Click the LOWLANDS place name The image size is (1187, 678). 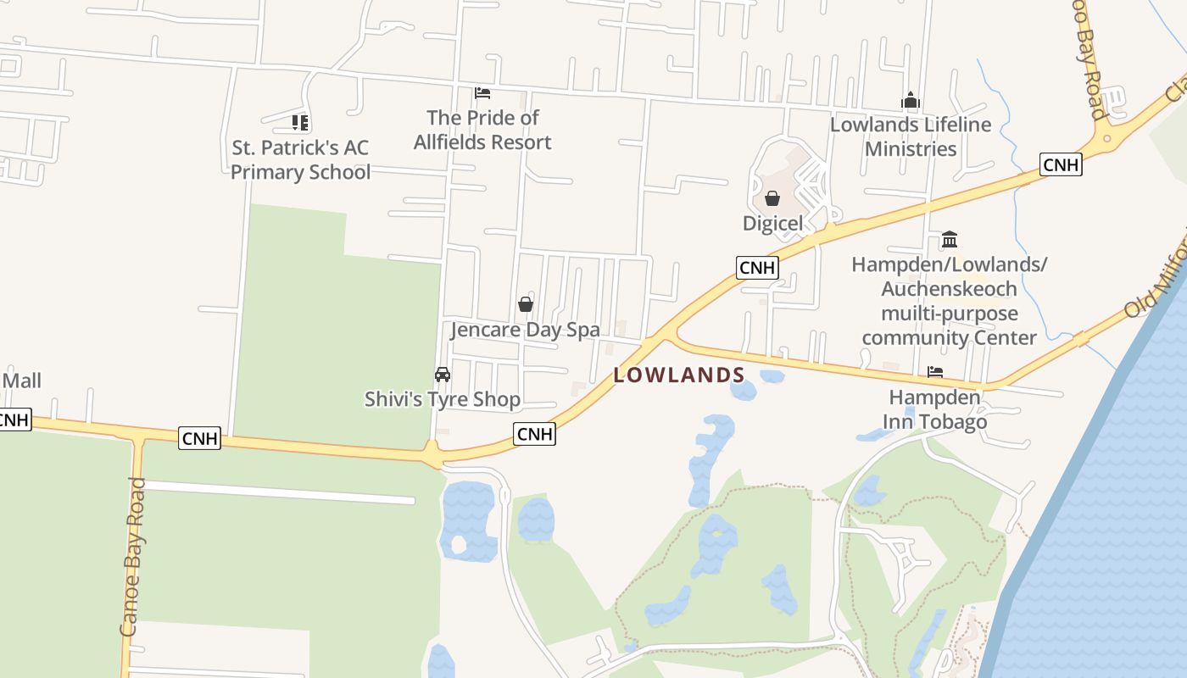[x=679, y=375]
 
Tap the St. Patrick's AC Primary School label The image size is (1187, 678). [x=300, y=160]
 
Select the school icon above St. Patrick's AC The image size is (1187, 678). [x=300, y=123]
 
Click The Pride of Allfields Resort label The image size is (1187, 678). [x=482, y=130]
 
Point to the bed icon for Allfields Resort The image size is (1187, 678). [x=482, y=92]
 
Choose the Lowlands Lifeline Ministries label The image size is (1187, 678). [x=911, y=136]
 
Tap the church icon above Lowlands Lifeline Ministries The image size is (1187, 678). [x=911, y=101]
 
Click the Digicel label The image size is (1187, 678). [x=772, y=224]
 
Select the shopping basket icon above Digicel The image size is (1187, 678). [x=772, y=199]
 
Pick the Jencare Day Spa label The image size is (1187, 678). [x=525, y=330]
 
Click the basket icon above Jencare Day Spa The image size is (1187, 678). [x=526, y=304]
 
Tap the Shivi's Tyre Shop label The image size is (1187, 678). [x=443, y=398]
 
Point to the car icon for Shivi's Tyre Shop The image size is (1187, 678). [x=443, y=375]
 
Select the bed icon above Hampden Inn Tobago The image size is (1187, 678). [x=935, y=372]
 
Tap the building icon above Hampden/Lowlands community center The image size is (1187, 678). [x=950, y=240]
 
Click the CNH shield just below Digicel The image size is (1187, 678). [x=757, y=268]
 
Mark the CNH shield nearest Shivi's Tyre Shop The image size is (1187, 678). [x=535, y=434]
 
